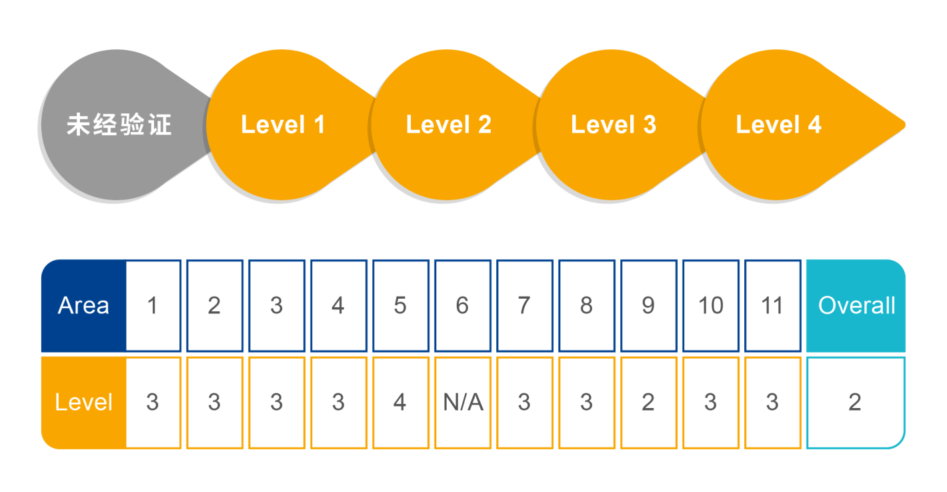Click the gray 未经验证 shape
tap(119, 125)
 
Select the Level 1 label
tap(283, 125)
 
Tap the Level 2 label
tap(448, 125)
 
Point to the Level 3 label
tap(613, 125)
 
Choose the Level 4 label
tap(778, 125)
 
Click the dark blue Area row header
tap(83, 305)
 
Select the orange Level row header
tap(83, 402)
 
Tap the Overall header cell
tap(856, 305)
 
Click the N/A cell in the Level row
tap(463, 402)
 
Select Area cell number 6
tap(462, 305)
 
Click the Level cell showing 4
tap(400, 402)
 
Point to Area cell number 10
tap(710, 305)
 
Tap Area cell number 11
tap(772, 305)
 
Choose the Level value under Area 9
tap(648, 402)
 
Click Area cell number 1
tap(153, 305)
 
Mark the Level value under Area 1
tap(153, 402)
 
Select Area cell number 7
tap(524, 305)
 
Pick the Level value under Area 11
tap(772, 402)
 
